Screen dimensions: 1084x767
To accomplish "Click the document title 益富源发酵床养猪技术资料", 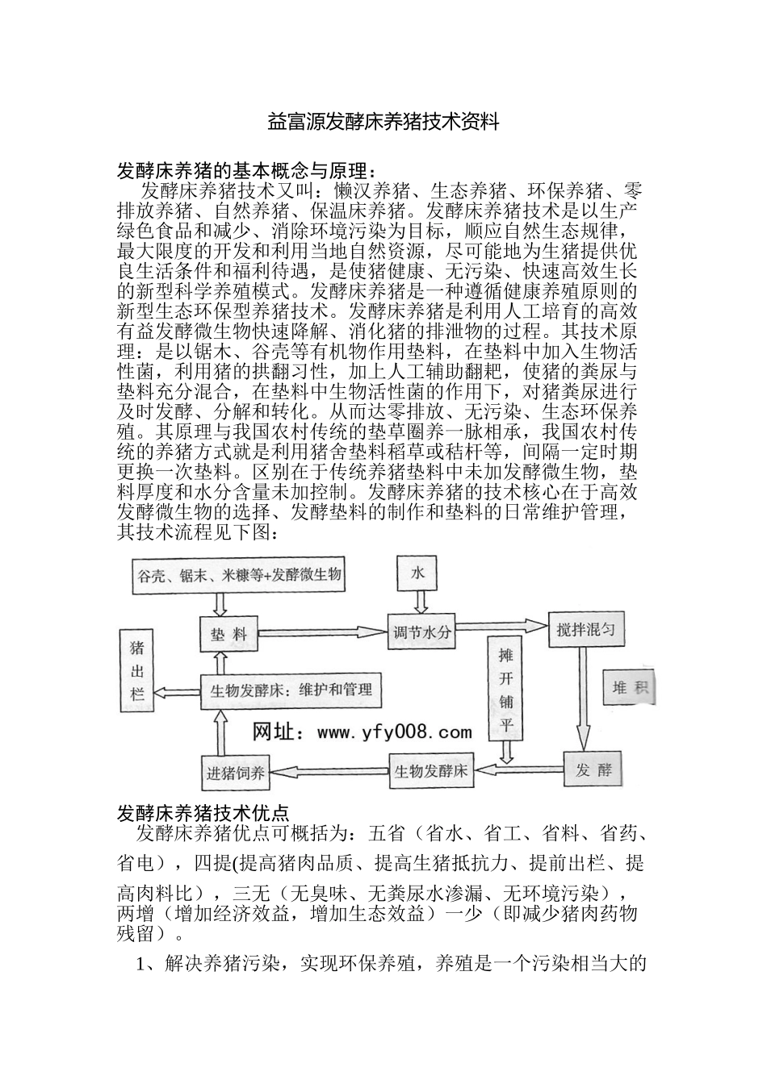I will click(383, 123).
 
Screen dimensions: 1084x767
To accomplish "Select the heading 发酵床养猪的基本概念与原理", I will click(247, 171).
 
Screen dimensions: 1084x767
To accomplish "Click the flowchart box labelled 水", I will click(417, 573).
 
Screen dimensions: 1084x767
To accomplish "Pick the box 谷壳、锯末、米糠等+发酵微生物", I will click(238, 575).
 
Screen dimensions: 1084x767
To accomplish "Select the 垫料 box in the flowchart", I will click(228, 634).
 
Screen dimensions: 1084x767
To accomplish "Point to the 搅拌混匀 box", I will click(586, 630).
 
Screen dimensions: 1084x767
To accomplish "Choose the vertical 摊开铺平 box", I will click(505, 691).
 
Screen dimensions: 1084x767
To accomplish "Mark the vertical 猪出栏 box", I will click(137, 670).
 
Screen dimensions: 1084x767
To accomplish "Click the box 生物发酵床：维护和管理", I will click(291, 690).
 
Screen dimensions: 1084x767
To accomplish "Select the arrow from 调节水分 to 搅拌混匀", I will click(501, 627).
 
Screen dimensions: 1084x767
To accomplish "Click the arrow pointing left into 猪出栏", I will click(177, 691).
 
